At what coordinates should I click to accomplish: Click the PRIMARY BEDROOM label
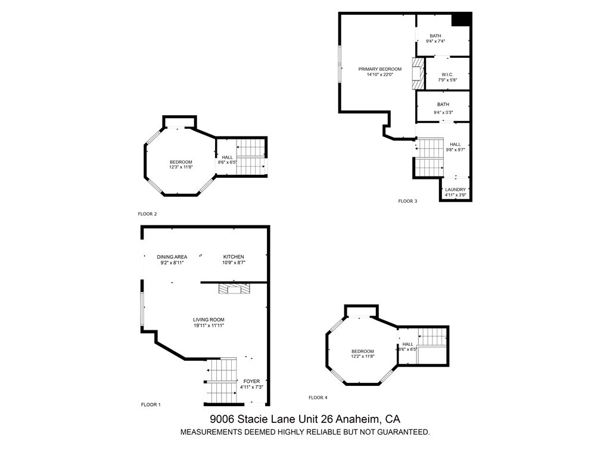coord(380,69)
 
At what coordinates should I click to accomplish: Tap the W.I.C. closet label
coord(447,75)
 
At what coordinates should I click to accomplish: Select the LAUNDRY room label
coord(456,190)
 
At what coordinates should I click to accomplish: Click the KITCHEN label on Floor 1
coord(234,257)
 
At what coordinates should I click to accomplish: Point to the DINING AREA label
coord(172,257)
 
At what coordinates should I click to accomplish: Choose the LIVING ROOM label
coord(208,320)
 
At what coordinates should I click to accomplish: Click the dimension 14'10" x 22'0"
coord(380,75)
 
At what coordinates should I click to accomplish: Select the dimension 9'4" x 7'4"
coord(435,42)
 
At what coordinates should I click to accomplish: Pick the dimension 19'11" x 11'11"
coord(208,326)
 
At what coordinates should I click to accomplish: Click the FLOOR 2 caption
coord(147,213)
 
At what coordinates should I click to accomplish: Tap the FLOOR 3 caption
coord(407,201)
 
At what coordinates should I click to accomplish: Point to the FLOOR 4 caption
coord(318,398)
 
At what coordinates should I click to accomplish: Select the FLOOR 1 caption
coord(151,405)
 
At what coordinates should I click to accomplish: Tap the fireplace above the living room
coord(235,289)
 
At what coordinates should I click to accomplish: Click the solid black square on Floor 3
coord(461,19)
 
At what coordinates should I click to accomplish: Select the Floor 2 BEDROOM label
coord(180,162)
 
